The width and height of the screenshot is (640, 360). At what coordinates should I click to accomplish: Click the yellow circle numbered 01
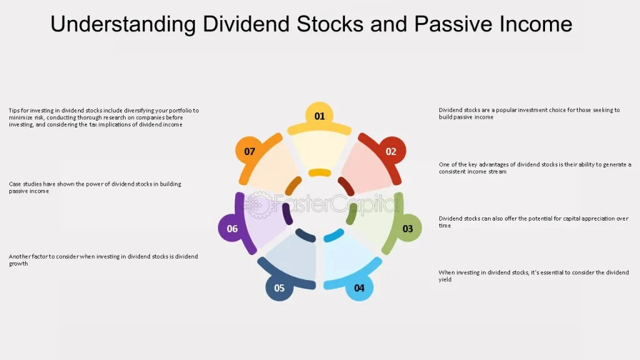tap(319, 116)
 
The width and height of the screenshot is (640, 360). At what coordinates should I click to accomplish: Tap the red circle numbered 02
tap(391, 151)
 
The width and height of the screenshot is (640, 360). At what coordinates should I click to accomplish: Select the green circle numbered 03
tap(407, 228)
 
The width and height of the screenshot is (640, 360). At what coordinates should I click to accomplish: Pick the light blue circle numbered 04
tap(359, 287)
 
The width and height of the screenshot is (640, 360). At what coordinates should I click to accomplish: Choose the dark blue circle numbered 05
tap(279, 287)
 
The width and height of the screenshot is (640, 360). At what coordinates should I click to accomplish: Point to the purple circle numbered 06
tap(232, 228)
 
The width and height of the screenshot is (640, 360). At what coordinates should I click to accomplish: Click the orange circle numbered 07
tap(249, 151)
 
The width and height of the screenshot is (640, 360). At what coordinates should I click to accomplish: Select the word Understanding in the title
tap(123, 24)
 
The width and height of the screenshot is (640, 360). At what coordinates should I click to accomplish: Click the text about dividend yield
tap(534, 276)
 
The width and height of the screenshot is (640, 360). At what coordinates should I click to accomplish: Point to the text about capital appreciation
tap(534, 222)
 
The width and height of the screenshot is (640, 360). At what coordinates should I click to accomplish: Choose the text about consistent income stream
tap(535, 167)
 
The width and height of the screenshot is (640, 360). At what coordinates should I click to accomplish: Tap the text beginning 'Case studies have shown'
tap(95, 187)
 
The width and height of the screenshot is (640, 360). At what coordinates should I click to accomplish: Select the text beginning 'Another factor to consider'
tap(103, 260)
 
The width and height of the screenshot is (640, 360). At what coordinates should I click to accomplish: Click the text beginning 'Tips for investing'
tap(104, 117)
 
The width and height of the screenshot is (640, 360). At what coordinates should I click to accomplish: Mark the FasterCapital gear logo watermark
tap(258, 204)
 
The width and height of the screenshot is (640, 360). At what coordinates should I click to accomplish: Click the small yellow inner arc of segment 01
tap(319, 172)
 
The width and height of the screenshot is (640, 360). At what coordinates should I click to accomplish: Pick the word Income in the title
tap(536, 24)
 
